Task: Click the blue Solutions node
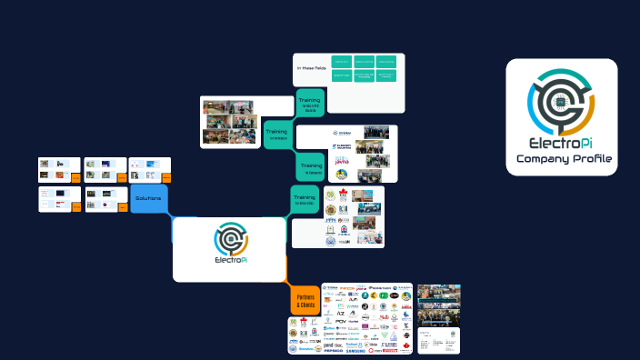coord(148,198)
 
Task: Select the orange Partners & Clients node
coord(304,300)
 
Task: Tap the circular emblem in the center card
coord(229,238)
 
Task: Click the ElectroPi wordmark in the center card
coord(229,261)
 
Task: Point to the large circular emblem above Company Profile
coord(561,101)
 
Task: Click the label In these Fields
coord(311,68)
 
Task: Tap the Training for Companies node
coord(311,167)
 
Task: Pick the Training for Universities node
coord(305,199)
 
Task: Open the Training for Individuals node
coord(277,134)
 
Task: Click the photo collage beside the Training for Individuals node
coord(228,122)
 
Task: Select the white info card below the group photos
coord(438,340)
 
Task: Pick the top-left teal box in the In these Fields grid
coord(342,61)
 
